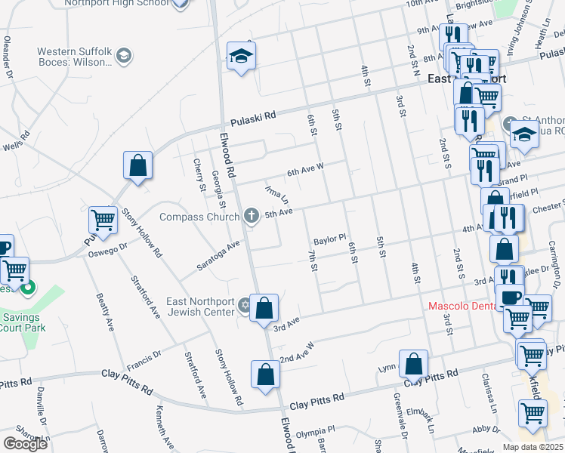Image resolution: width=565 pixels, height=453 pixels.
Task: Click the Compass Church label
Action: pos(200,217)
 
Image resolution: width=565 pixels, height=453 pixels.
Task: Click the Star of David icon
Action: pos(244,306)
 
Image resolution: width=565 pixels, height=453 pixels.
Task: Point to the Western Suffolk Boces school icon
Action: pos(124,55)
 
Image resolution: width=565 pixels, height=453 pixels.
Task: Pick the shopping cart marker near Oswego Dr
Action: pos(103,220)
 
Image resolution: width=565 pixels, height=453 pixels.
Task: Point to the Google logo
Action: pos(25,443)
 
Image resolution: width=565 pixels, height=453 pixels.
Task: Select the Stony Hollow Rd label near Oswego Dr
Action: pos(142,233)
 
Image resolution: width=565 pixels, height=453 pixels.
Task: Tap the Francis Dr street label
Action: pos(144,353)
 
